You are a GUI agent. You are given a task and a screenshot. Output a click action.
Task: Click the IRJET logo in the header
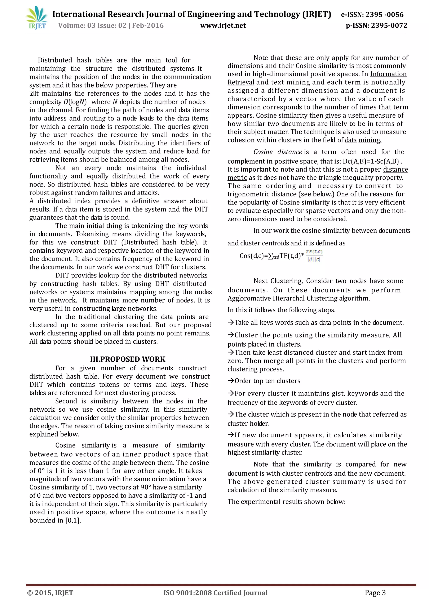click(x=37, y=18)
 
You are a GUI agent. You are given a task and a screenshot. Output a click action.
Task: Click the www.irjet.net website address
click(x=223, y=26)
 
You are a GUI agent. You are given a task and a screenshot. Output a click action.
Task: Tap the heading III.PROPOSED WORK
click(x=128, y=359)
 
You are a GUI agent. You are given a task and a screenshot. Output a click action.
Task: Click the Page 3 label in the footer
click(x=375, y=593)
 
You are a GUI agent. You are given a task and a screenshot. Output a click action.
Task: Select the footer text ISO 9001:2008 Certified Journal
click(x=215, y=593)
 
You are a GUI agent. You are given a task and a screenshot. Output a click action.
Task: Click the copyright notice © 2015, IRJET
click(x=50, y=593)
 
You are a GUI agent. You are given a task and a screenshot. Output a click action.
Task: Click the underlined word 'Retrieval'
click(x=241, y=82)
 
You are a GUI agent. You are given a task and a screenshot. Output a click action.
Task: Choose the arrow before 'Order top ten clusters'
click(x=231, y=381)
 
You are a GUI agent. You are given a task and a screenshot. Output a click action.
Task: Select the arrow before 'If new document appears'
click(x=231, y=435)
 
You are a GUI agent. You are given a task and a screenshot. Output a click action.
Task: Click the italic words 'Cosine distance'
click(x=278, y=152)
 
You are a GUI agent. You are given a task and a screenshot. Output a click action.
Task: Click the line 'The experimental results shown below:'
click(x=286, y=502)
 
